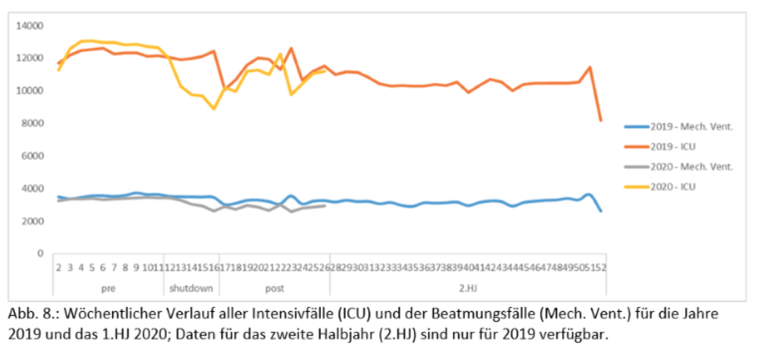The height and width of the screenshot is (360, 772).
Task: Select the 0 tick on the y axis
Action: [x=40, y=254]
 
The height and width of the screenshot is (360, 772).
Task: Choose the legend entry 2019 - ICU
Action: [x=675, y=147]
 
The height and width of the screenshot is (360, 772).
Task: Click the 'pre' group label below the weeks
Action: [x=108, y=288]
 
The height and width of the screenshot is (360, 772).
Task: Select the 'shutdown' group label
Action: [x=191, y=288]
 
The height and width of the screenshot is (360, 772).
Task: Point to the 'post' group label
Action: [x=274, y=288]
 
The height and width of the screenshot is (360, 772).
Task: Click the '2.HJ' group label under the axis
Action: [x=468, y=288]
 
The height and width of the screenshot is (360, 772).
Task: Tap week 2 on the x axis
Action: [x=59, y=267]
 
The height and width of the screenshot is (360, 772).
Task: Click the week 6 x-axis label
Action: [x=103, y=267]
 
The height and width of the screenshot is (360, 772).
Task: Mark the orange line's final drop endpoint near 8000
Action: [x=601, y=121]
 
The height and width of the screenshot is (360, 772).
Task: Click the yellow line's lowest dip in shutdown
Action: [x=213, y=109]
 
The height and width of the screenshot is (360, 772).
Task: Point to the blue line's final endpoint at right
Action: [x=601, y=211]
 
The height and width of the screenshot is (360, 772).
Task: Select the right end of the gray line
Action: [x=325, y=205]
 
